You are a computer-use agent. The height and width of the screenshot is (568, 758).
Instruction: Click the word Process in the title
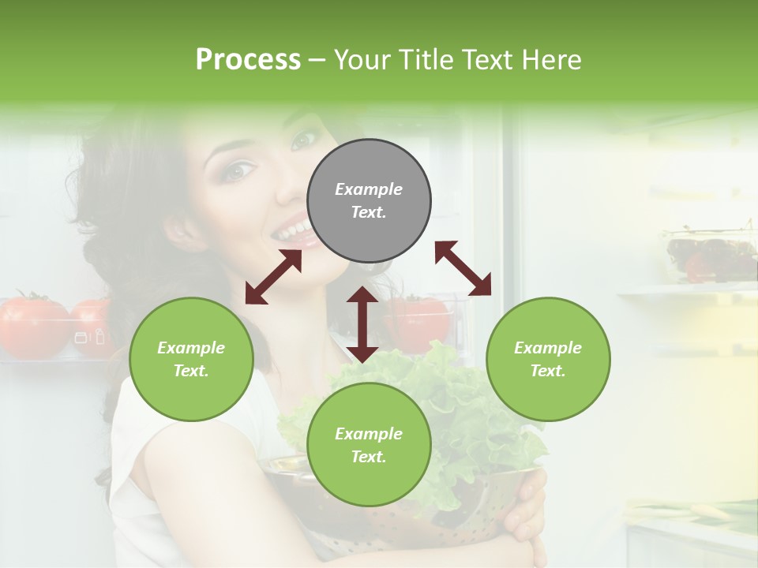(x=248, y=60)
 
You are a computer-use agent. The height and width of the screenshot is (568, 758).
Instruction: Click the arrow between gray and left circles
(x=273, y=277)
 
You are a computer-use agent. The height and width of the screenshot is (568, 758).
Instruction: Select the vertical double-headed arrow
(x=362, y=324)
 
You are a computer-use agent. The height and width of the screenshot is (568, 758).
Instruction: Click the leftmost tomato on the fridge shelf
(x=32, y=325)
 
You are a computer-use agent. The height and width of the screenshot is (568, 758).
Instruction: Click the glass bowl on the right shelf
(x=711, y=257)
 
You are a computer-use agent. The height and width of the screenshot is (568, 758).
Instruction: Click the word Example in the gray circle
(x=369, y=189)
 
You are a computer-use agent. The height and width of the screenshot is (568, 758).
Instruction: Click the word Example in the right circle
(x=548, y=348)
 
